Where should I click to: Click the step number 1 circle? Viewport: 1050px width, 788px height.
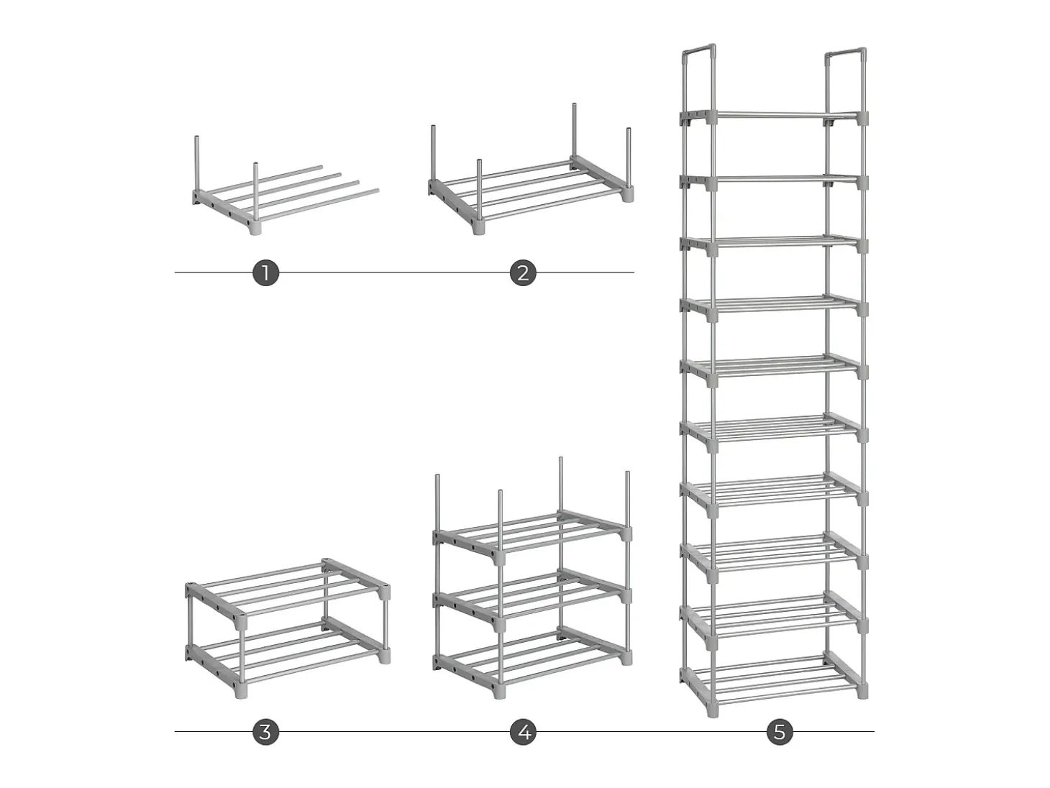pyautogui.click(x=265, y=273)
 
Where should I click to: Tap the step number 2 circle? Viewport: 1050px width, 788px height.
pyautogui.click(x=523, y=273)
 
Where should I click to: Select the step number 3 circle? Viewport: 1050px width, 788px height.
pyautogui.click(x=265, y=732)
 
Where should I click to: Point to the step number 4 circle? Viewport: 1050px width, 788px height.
pyautogui.click(x=523, y=732)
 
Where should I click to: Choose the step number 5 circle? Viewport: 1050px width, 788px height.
pyautogui.click(x=780, y=732)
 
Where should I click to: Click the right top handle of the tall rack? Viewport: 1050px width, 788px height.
pyautogui.click(x=846, y=53)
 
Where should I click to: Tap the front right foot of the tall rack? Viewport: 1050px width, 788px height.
pyautogui.click(x=862, y=692)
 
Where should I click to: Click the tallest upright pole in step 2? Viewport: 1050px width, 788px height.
pyautogui.click(x=574, y=132)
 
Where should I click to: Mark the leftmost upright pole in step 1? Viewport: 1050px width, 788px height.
pyautogui.click(x=196, y=164)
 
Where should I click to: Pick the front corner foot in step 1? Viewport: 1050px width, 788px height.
pyautogui.click(x=256, y=226)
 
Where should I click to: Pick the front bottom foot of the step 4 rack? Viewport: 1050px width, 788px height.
pyautogui.click(x=499, y=691)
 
